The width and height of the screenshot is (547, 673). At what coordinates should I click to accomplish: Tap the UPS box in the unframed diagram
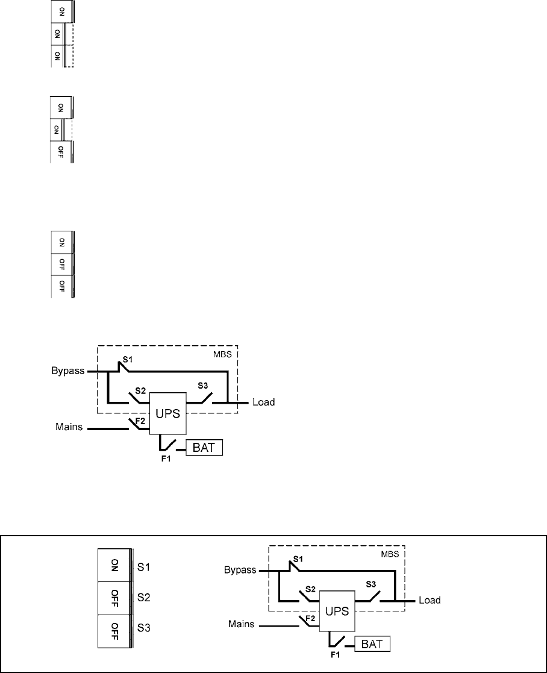(169, 413)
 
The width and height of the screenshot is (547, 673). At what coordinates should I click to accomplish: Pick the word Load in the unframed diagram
(263, 402)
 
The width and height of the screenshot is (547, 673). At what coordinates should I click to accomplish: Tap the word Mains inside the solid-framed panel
(240, 627)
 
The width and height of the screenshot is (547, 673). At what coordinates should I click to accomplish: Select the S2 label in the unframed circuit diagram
(140, 390)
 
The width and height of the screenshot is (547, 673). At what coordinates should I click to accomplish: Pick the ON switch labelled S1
(114, 565)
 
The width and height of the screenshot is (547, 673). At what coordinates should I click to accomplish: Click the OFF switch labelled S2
(114, 598)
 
